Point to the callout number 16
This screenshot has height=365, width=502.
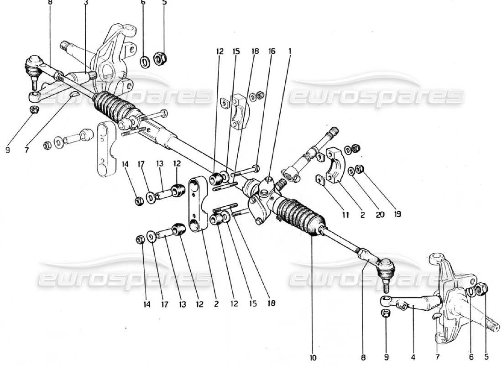[272, 52]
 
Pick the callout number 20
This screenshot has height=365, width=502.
[381, 214]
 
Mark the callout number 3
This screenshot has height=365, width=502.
[86, 2]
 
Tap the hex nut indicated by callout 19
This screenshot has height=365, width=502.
[359, 170]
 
